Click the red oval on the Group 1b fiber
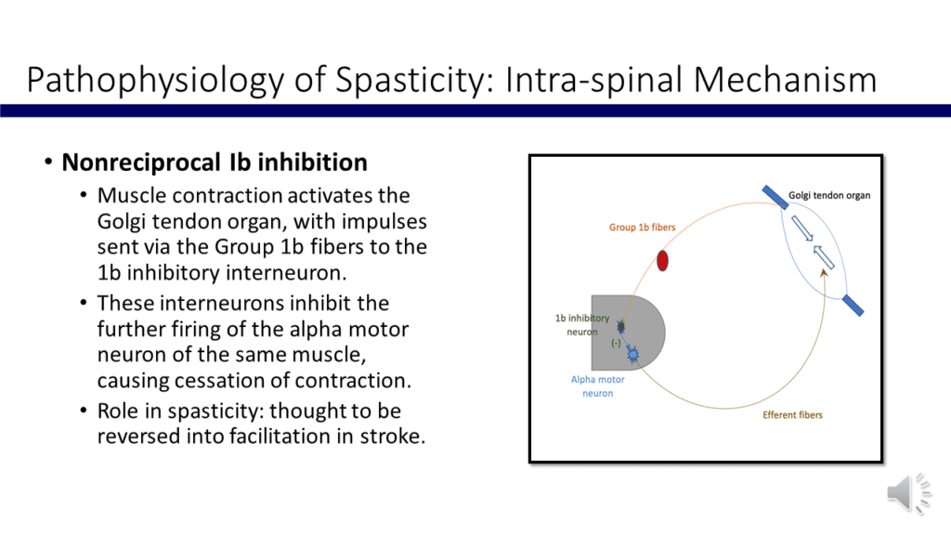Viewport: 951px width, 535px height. coord(662,260)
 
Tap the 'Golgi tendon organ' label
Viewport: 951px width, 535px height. coord(829,196)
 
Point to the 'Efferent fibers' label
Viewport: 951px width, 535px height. coord(792,414)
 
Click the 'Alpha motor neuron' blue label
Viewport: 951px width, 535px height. coord(592,386)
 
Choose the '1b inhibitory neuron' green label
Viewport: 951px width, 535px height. coord(582,325)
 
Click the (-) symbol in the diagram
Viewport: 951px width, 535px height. coord(615,344)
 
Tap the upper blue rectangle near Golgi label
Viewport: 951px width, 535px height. coord(773,197)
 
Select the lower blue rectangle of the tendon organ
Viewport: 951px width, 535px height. coord(853,305)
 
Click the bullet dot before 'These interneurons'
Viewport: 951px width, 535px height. coord(85,304)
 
